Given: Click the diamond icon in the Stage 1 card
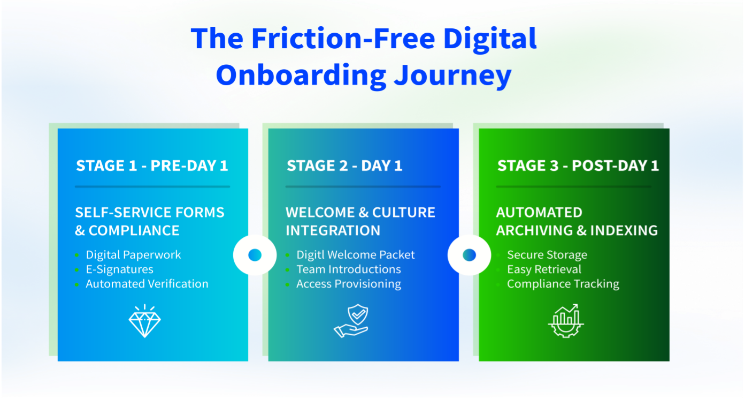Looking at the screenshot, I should point(144,321).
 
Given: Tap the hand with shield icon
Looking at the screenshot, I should point(351,321).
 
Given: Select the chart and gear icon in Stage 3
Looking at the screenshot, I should point(566,321).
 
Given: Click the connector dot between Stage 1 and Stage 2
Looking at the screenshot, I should point(255,255).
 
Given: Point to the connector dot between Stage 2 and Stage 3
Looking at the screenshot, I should point(469,255).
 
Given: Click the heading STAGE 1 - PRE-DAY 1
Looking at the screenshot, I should point(152,165).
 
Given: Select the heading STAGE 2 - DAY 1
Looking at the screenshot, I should point(344,165).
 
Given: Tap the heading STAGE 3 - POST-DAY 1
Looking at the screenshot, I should point(578,165).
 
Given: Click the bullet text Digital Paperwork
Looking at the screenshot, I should point(133,255).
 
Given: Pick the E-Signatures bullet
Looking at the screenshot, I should point(119,269).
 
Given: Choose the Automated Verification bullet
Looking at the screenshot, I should point(147,284).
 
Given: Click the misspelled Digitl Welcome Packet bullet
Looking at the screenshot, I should point(356,255).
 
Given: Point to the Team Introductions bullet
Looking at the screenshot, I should point(349,269).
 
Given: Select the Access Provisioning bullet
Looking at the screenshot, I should point(349,284).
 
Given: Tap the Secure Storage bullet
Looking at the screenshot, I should point(547,255).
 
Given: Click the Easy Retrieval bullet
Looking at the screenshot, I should point(544,269).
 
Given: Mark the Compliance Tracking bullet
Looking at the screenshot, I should point(563,284).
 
